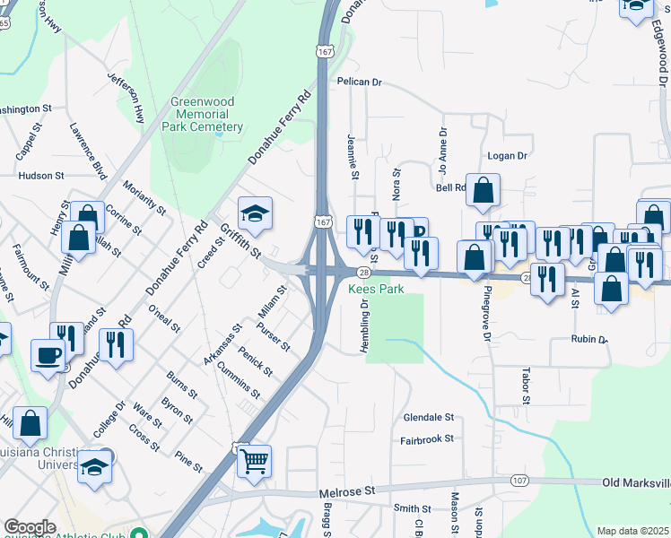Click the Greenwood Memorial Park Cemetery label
202,115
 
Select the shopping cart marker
255,461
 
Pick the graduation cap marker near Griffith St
256,214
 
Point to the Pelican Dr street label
360,82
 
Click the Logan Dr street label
507,155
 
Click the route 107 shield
518,482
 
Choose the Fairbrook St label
428,440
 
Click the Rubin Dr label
589,340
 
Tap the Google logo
30,527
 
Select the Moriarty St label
145,196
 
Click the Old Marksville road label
635,483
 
